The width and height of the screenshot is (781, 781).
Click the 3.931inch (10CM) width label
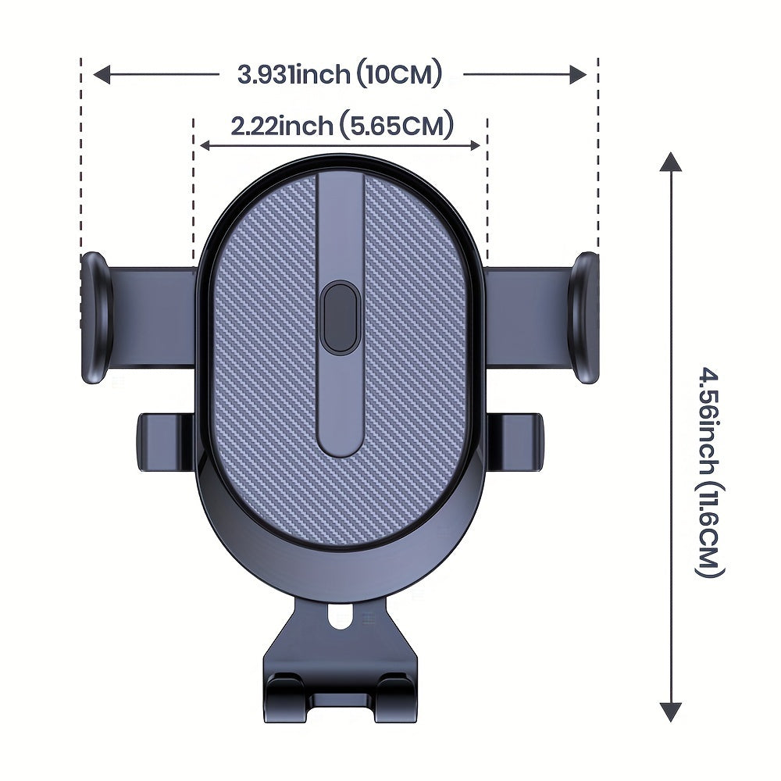point(341,75)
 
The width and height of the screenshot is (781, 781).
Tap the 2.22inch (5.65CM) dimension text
point(341,126)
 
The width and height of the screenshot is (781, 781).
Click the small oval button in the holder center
point(340,317)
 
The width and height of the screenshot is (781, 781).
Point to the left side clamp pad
point(96,317)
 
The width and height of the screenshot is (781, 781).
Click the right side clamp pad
point(585,317)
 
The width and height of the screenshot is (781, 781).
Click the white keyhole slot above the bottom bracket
point(340,618)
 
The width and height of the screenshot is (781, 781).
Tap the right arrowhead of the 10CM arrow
point(578,75)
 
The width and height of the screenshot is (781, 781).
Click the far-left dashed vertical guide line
point(80,156)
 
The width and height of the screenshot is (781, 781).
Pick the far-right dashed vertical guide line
point(598,156)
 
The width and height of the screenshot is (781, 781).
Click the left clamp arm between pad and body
point(153,316)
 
